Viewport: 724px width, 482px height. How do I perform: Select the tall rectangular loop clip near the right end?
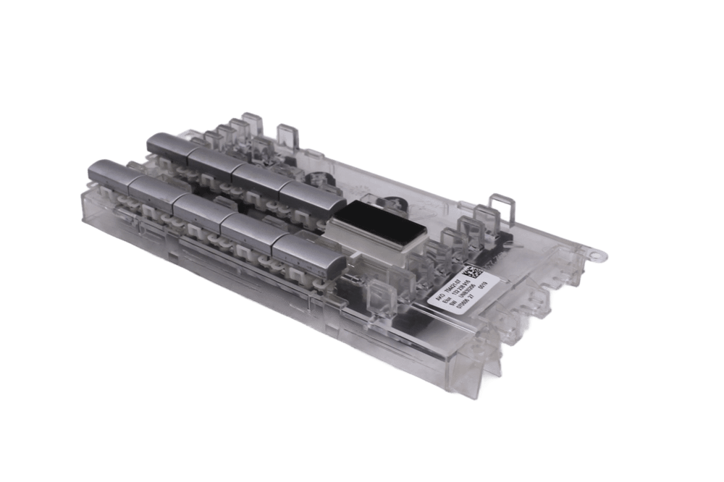(500, 206)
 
